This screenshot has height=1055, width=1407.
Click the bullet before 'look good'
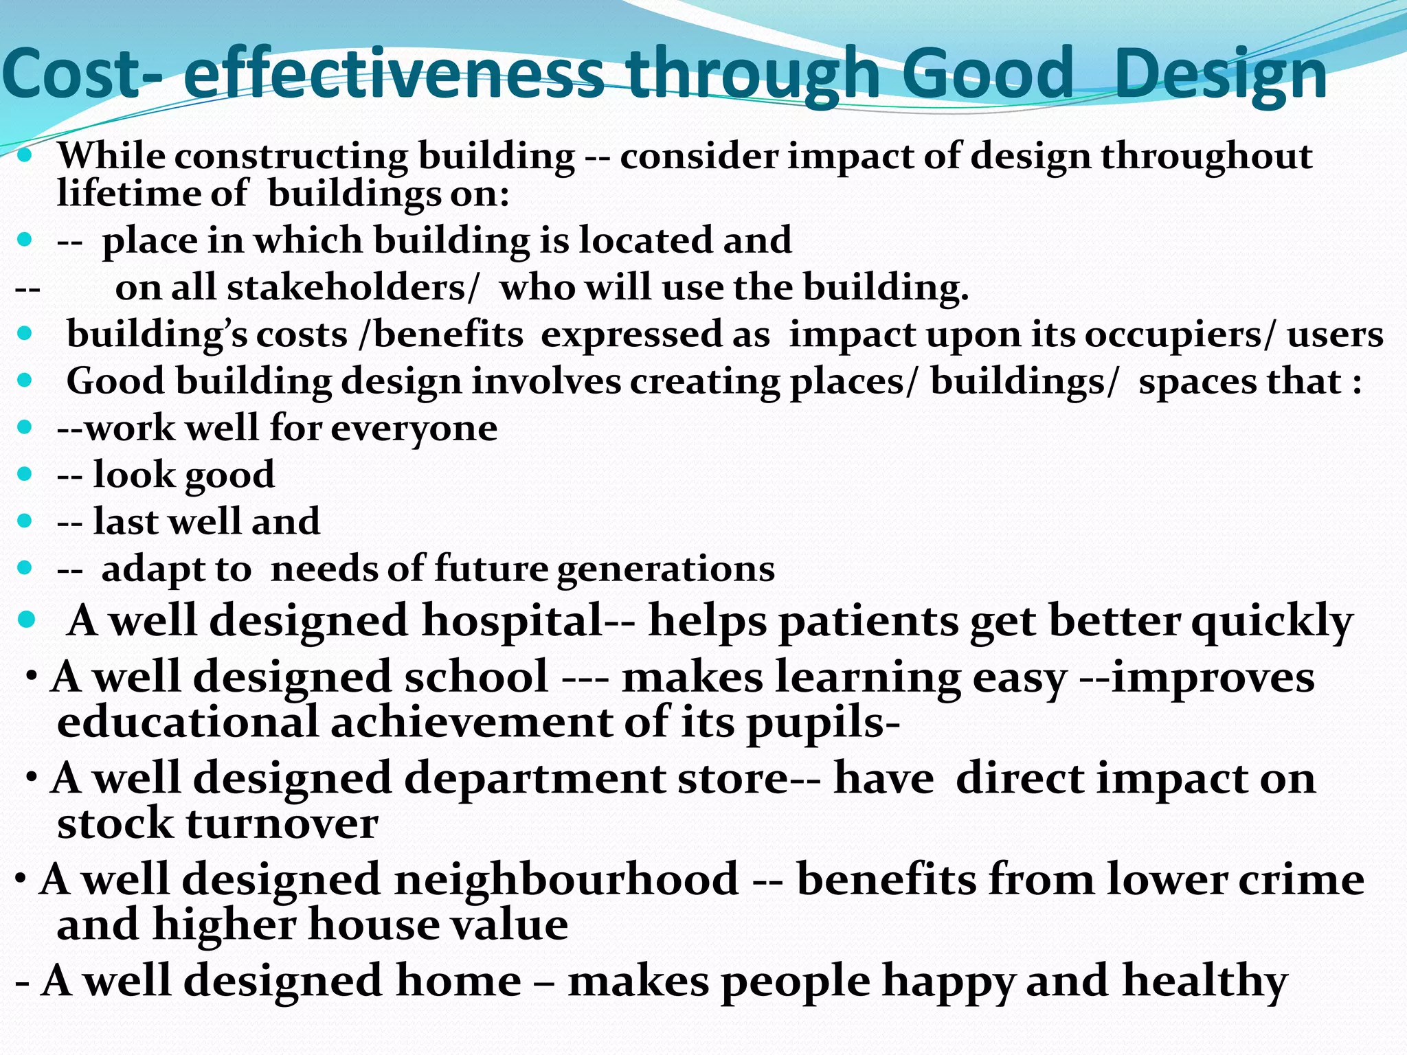(x=25, y=474)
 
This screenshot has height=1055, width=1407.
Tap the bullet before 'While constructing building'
(x=25, y=155)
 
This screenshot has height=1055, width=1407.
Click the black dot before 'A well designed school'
(x=32, y=676)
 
